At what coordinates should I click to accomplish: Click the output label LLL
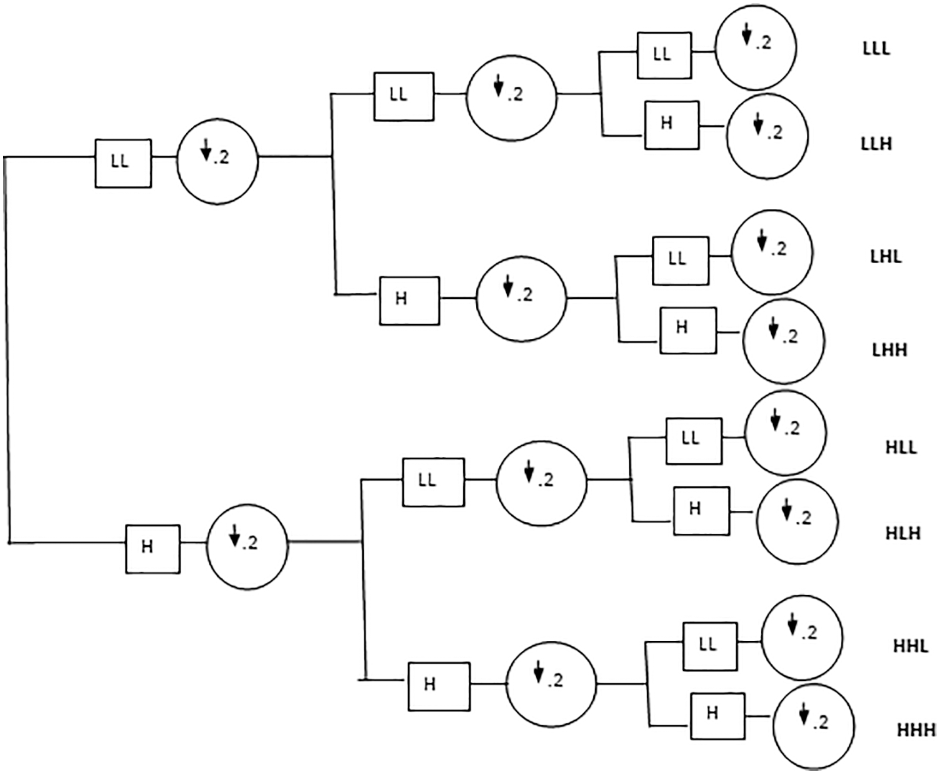[x=876, y=49]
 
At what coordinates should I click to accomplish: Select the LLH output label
[x=876, y=144]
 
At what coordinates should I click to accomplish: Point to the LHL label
[x=886, y=256]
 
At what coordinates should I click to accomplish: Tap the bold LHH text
[x=889, y=349]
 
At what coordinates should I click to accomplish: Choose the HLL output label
[x=901, y=448]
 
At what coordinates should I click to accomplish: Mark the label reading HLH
[x=903, y=533]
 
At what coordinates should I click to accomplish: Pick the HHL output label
[x=910, y=646]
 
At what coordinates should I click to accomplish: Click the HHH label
[x=916, y=730]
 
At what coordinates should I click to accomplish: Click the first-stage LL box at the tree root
[x=123, y=163]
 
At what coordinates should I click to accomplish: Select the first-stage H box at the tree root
[x=153, y=549]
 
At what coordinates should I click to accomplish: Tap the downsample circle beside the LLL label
[x=756, y=47]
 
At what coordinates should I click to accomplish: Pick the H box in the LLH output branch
[x=672, y=125]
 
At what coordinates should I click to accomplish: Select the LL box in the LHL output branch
[x=681, y=260]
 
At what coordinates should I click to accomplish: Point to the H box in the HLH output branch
[x=701, y=511]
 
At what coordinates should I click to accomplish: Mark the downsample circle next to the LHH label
[x=783, y=341]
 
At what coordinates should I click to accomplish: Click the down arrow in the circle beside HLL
[x=776, y=421]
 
